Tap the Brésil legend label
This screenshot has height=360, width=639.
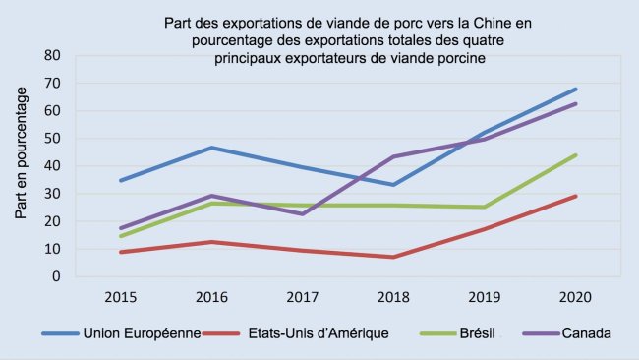pyautogui.click(x=478, y=333)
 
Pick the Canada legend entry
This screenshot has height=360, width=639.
pyautogui.click(x=588, y=333)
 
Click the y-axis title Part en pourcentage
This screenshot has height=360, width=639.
pyautogui.click(x=21, y=165)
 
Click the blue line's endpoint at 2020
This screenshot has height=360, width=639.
pyautogui.click(x=576, y=89)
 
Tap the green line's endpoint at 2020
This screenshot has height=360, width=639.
pyautogui.click(x=576, y=154)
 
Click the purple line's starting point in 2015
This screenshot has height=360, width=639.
pyautogui.click(x=121, y=228)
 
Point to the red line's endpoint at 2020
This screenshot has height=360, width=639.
pyautogui.click(x=576, y=196)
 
